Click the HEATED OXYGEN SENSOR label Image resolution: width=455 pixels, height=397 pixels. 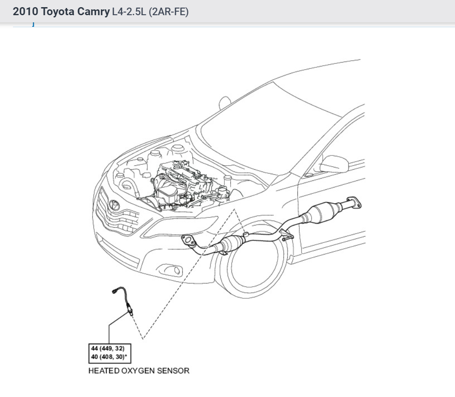pos(139,371)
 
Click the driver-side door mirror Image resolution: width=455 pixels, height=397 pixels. pos(334,164)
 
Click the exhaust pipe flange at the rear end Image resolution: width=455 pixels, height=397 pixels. pos(354,202)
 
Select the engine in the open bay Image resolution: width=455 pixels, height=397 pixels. pos(179,183)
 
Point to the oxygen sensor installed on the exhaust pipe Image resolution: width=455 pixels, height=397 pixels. pos(245,234)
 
